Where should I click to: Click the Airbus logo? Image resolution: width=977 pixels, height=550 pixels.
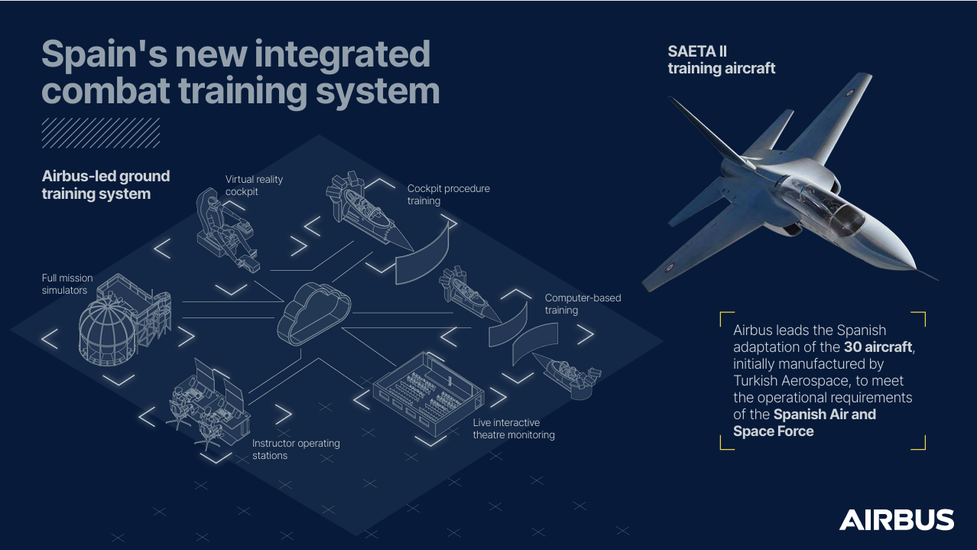pyautogui.click(x=896, y=519)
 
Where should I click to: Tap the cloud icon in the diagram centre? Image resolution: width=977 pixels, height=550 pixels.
pyautogui.click(x=313, y=314)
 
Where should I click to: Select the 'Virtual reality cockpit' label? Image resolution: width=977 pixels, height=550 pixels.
pyautogui.click(x=254, y=186)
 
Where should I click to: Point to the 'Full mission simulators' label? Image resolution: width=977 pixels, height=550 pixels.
pyautogui.click(x=67, y=284)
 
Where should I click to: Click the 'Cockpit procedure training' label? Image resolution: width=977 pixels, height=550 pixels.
pyautogui.click(x=449, y=195)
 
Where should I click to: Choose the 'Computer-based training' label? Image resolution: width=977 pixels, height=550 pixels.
pyautogui.click(x=583, y=304)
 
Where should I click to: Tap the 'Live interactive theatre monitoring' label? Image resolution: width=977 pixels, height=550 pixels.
pyautogui.click(x=514, y=428)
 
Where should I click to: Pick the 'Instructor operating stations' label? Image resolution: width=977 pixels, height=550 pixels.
pyautogui.click(x=296, y=449)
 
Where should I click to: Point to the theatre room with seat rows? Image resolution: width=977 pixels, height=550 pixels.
pyautogui.click(x=428, y=394)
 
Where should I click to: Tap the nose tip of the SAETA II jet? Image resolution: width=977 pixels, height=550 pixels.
pyautogui.click(x=915, y=268)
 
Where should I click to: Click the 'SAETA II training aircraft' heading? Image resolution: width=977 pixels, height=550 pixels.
pyautogui.click(x=722, y=60)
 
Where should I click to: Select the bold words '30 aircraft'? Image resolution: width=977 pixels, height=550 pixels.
pyautogui.click(x=878, y=347)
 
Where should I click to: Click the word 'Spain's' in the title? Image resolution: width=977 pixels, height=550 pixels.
pyautogui.click(x=105, y=54)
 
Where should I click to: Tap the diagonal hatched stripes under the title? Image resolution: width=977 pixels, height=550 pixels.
pyautogui.click(x=101, y=132)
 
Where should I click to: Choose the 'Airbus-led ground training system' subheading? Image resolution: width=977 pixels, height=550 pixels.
pyautogui.click(x=106, y=184)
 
